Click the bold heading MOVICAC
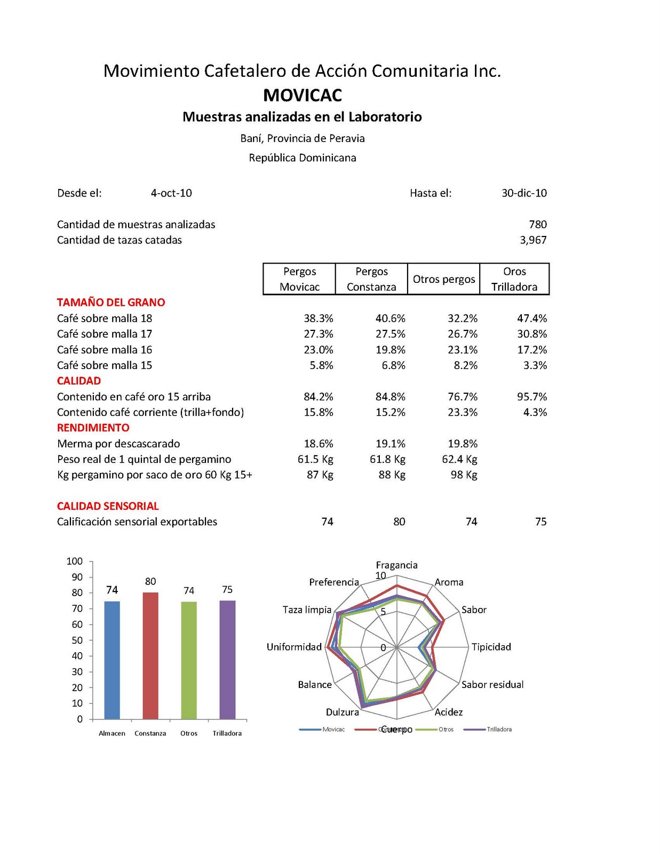(303, 95)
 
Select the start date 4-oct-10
(171, 193)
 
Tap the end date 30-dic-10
(524, 193)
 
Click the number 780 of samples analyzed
(538, 224)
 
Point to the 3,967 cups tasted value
(533, 240)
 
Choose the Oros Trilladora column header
(514, 279)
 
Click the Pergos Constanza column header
(371, 279)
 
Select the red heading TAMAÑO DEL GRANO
(111, 302)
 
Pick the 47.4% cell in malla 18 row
(532, 318)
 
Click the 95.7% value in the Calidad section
(532, 397)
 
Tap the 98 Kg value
(464, 475)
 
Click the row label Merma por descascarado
(118, 444)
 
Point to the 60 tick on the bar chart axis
(77, 624)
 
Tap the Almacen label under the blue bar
(112, 733)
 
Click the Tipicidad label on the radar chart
(491, 647)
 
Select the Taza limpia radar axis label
(307, 610)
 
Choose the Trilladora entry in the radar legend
(499, 729)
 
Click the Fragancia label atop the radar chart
(396, 565)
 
